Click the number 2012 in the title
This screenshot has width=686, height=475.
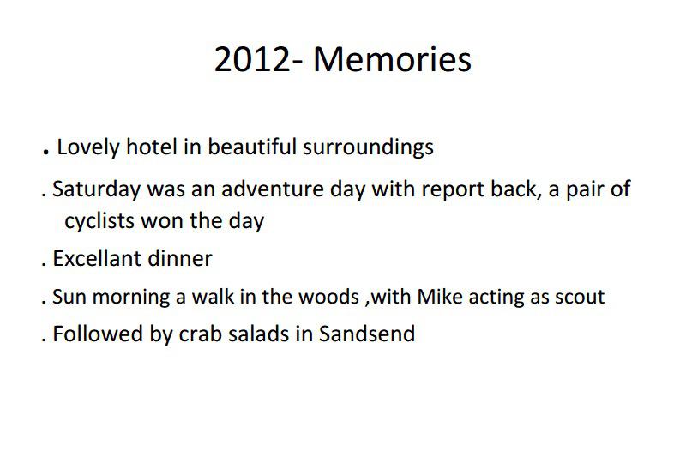pyautogui.click(x=252, y=59)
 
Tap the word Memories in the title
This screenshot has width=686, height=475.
pyautogui.click(x=393, y=59)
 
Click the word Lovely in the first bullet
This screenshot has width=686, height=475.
pyautogui.click(x=88, y=147)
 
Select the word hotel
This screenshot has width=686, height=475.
pyautogui.click(x=152, y=147)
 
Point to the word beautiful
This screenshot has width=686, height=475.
pyautogui.click(x=252, y=147)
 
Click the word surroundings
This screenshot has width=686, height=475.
pyautogui.click(x=368, y=147)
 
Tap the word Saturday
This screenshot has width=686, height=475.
pyautogui.click(x=97, y=189)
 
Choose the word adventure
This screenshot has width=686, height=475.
pyautogui.click(x=272, y=189)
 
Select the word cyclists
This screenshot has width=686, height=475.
pyautogui.click(x=99, y=221)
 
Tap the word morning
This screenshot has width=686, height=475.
pyautogui.click(x=131, y=298)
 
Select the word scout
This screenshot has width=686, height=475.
pyautogui.click(x=580, y=297)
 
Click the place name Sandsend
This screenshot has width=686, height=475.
pyautogui.click(x=367, y=334)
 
